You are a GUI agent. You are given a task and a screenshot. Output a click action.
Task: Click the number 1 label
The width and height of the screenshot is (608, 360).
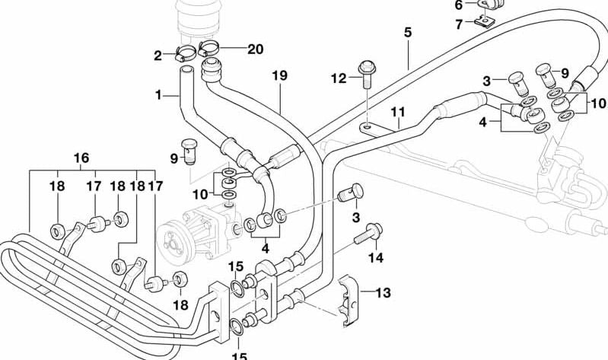tap(159, 95)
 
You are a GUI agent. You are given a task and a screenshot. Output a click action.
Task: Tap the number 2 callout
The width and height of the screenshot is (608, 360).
tap(158, 55)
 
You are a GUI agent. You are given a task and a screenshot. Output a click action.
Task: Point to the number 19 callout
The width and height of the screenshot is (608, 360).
tap(279, 75)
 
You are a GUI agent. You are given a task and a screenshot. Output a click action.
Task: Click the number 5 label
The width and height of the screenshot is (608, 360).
tap(408, 33)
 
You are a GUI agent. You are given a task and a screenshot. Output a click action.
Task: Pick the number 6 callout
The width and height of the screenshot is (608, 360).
tap(458, 5)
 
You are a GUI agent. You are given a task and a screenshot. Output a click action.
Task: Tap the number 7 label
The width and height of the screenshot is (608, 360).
tap(458, 24)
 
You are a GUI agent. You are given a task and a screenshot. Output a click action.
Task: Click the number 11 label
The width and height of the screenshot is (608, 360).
tap(397, 112)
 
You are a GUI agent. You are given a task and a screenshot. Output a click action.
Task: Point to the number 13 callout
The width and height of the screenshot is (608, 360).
tap(382, 292)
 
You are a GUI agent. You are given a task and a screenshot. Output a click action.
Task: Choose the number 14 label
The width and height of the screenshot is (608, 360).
tap(376, 257)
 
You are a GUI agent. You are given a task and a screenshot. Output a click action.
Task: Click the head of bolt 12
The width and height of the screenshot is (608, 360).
tap(368, 66)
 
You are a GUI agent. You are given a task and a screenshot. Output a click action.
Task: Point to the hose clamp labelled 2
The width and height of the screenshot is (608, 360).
tap(185, 54)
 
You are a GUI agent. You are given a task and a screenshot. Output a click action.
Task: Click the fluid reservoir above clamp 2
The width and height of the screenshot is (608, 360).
tap(200, 19)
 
